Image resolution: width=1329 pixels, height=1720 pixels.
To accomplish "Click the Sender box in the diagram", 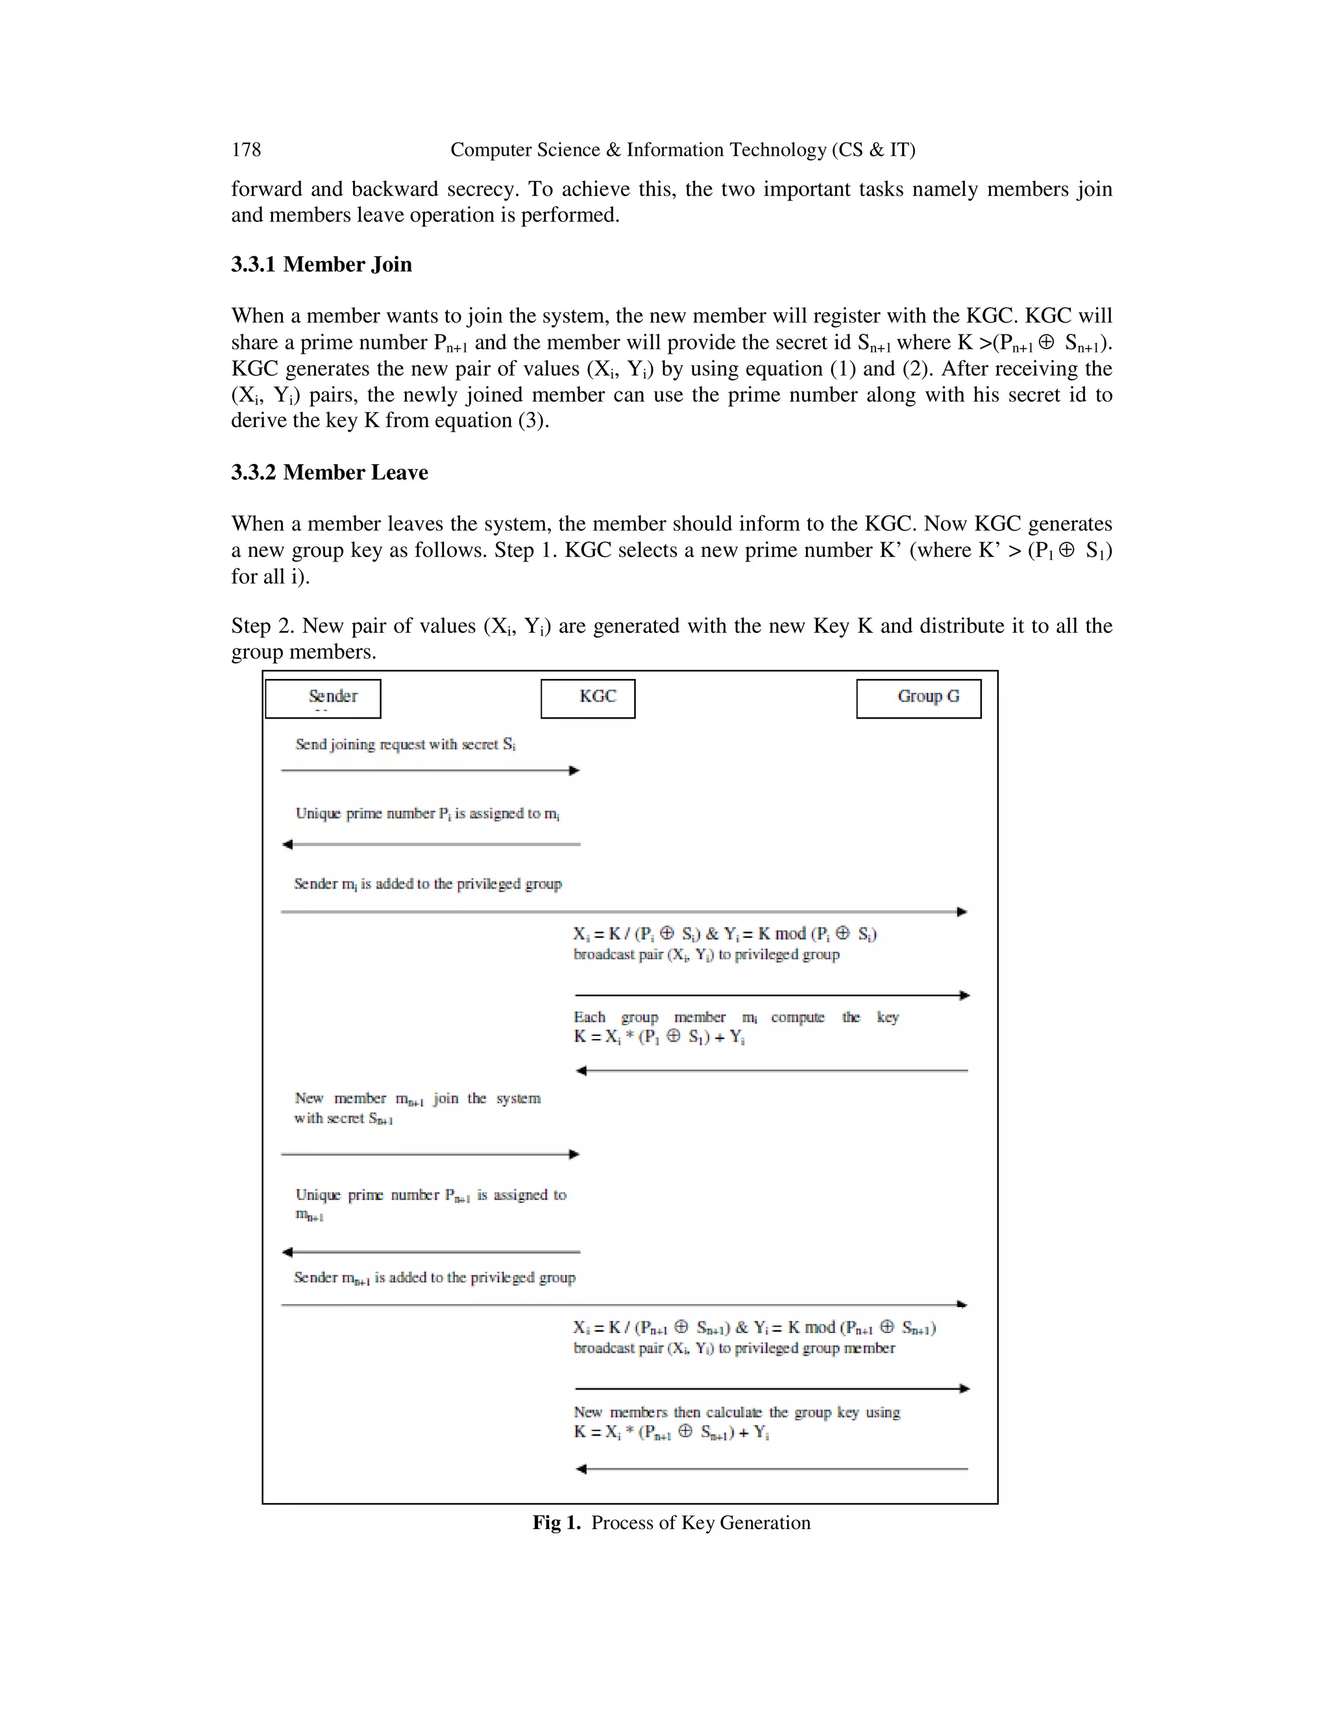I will [x=323, y=698].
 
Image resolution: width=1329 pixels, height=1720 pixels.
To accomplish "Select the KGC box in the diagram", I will [x=587, y=698].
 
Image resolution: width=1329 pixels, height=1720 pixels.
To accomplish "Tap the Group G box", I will [x=918, y=698].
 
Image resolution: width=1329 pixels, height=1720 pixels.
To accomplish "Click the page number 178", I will [x=246, y=150].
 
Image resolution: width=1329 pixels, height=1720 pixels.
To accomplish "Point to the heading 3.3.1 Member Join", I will [x=321, y=265].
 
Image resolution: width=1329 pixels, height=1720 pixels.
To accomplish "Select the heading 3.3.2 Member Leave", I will [x=329, y=473].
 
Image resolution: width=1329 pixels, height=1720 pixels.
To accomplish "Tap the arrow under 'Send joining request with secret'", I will [x=430, y=770].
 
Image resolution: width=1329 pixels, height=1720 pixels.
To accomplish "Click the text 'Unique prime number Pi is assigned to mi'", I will [x=428, y=813].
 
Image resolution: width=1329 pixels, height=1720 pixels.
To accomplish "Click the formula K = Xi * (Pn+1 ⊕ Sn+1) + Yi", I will [x=671, y=1432].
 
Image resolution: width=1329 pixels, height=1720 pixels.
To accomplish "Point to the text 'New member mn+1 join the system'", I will [x=417, y=1099].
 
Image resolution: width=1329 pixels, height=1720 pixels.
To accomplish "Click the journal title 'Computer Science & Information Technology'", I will [x=682, y=150].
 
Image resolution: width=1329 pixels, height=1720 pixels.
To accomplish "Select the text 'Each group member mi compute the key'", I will [x=735, y=1018].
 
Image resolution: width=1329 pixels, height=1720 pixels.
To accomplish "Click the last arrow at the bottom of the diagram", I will [x=772, y=1469].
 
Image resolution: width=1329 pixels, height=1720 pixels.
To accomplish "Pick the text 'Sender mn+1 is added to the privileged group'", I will [x=435, y=1277].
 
